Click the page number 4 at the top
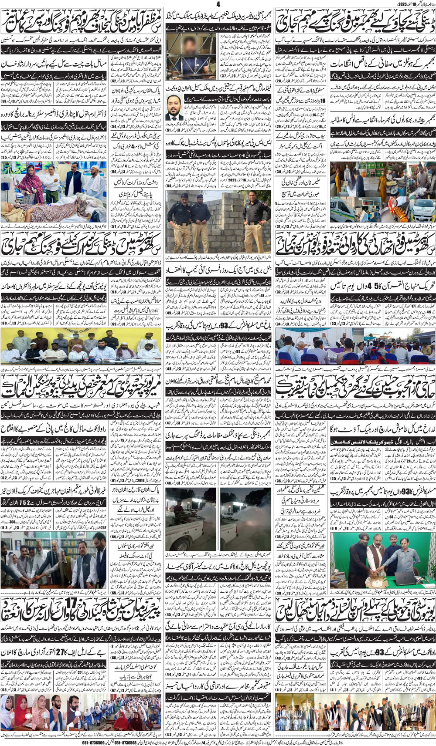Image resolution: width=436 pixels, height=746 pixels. (218, 4)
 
